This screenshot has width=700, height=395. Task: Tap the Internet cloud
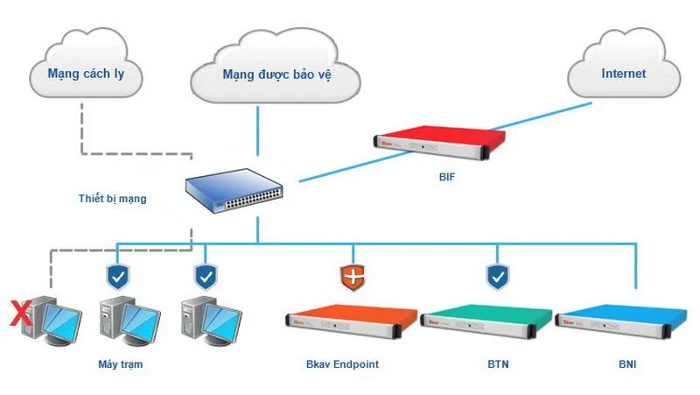[x=622, y=72]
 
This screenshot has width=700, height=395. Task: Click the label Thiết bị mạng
[x=112, y=199]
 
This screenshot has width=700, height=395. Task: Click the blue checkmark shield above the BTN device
[x=497, y=277]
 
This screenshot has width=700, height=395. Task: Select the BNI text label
[x=626, y=363]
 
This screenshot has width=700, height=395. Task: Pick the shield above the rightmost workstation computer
[x=205, y=277]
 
